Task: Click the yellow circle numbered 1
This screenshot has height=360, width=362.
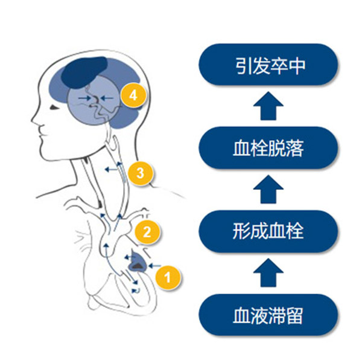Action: coord(168,277)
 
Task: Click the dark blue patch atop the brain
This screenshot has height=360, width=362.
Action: coord(85,72)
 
